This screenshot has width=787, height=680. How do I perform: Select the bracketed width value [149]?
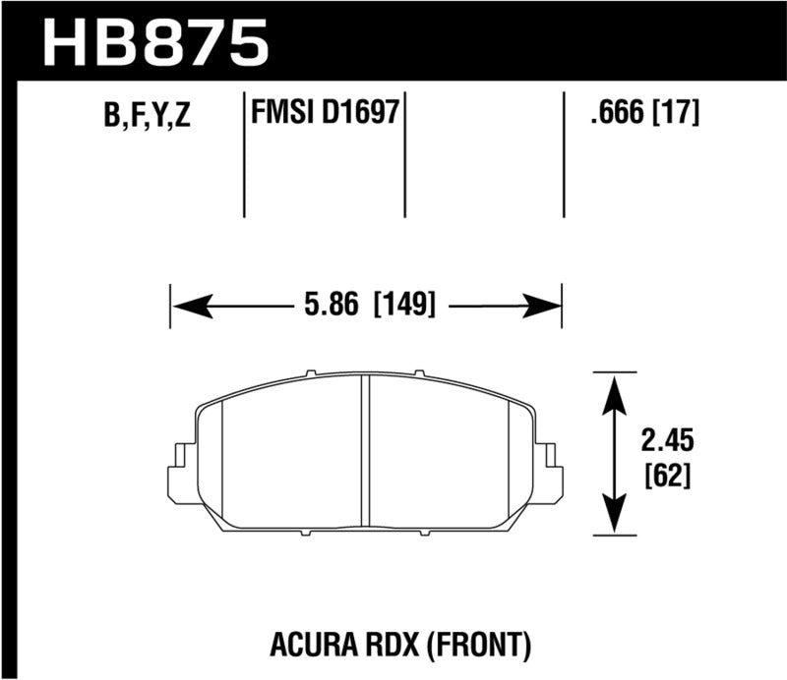click(403, 305)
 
